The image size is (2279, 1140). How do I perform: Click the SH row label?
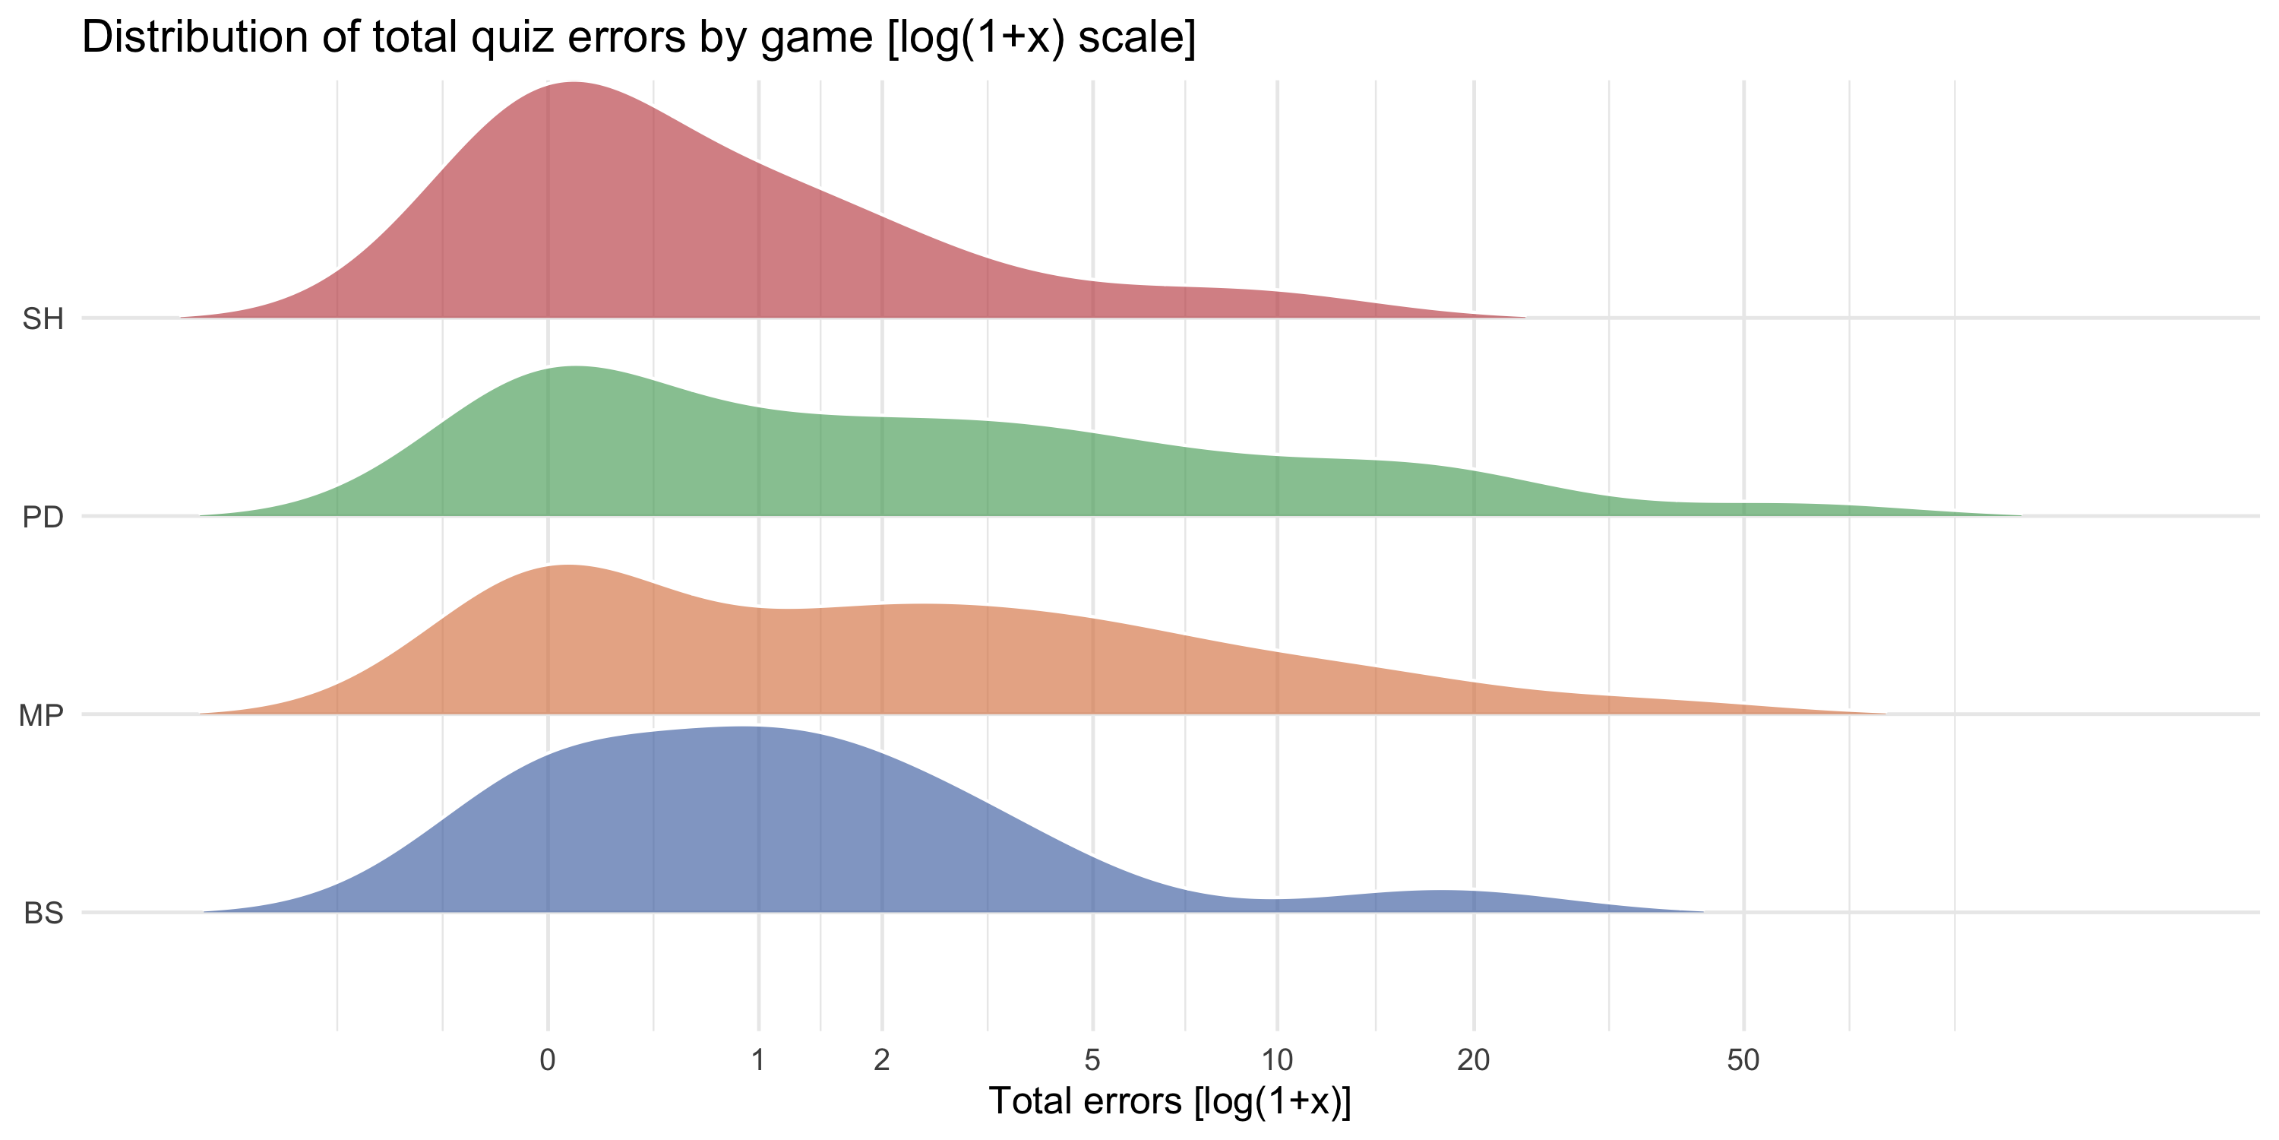coord(43,318)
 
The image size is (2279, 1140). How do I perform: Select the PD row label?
coord(43,517)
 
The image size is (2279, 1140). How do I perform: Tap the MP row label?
coord(41,715)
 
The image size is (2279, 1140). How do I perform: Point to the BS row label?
coord(43,914)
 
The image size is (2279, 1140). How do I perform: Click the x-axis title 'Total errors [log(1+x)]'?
coord(1170,1101)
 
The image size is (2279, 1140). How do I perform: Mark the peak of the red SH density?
coord(574,83)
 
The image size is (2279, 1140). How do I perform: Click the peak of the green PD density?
coord(575,367)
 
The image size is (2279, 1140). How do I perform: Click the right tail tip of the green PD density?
coord(2020,515)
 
